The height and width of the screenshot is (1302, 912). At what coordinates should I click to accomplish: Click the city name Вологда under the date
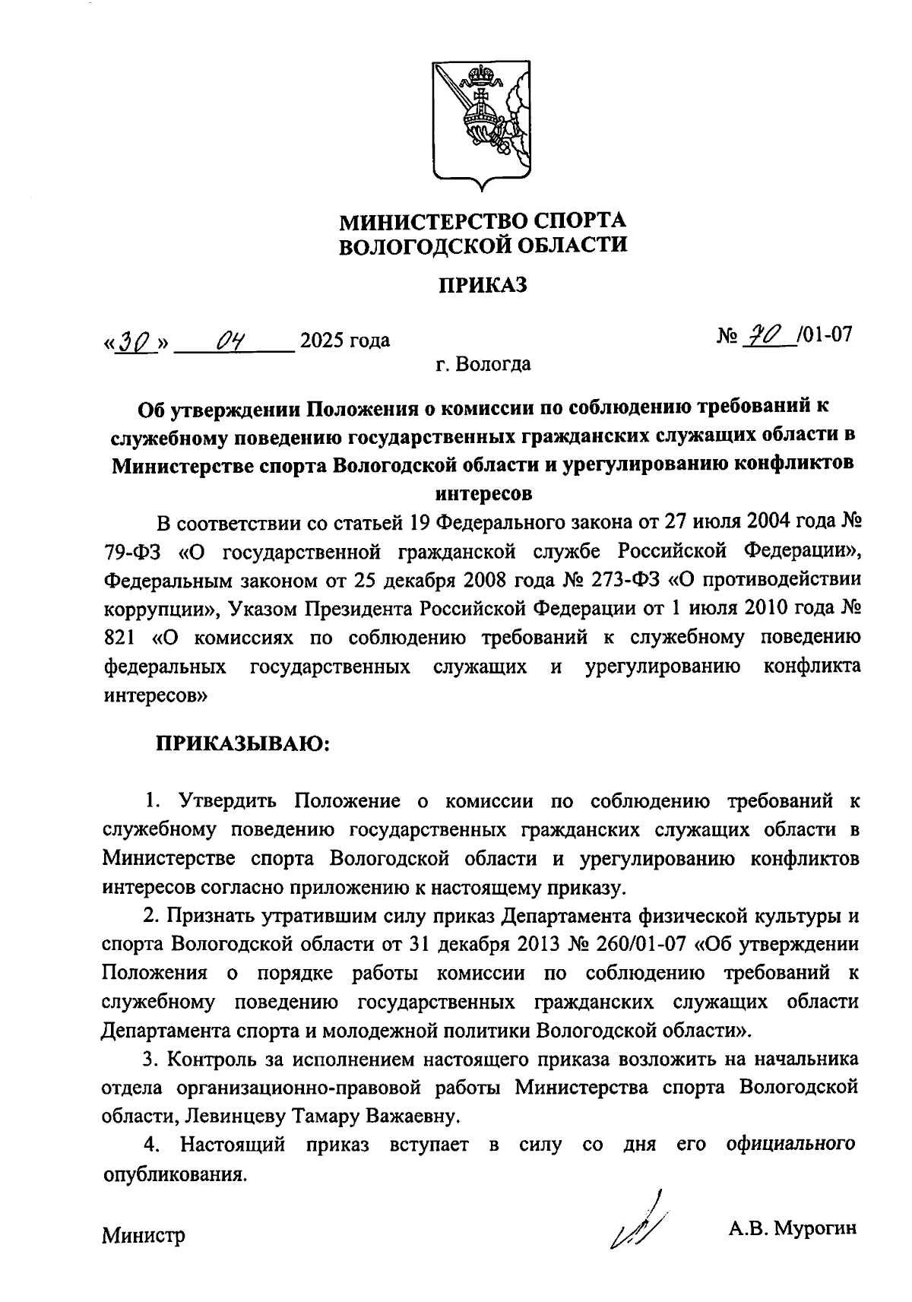pos(494,365)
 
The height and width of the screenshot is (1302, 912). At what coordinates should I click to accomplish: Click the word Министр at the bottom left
pos(144,1236)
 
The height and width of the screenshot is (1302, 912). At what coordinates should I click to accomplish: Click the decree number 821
pos(118,638)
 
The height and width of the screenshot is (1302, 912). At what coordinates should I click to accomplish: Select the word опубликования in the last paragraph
pos(175,1174)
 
